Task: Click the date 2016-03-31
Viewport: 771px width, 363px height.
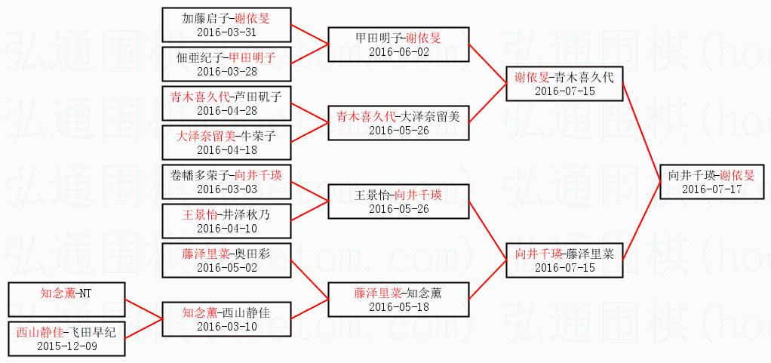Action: [226, 32]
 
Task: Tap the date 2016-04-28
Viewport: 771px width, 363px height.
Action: [226, 111]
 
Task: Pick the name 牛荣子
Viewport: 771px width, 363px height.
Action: [256, 137]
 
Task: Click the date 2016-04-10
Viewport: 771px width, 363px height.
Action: [226, 229]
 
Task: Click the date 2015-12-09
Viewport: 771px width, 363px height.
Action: [66, 346]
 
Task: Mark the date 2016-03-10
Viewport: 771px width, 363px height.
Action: [226, 327]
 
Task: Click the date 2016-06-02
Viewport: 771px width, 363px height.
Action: [398, 51]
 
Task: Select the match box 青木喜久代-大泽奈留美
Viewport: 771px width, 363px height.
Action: [398, 123]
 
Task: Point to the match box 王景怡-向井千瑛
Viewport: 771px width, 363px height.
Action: [398, 201]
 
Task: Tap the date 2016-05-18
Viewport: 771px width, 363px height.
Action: [398, 307]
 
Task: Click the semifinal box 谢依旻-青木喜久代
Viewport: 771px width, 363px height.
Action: [564, 83]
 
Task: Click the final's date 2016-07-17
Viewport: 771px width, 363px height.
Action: [711, 189]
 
